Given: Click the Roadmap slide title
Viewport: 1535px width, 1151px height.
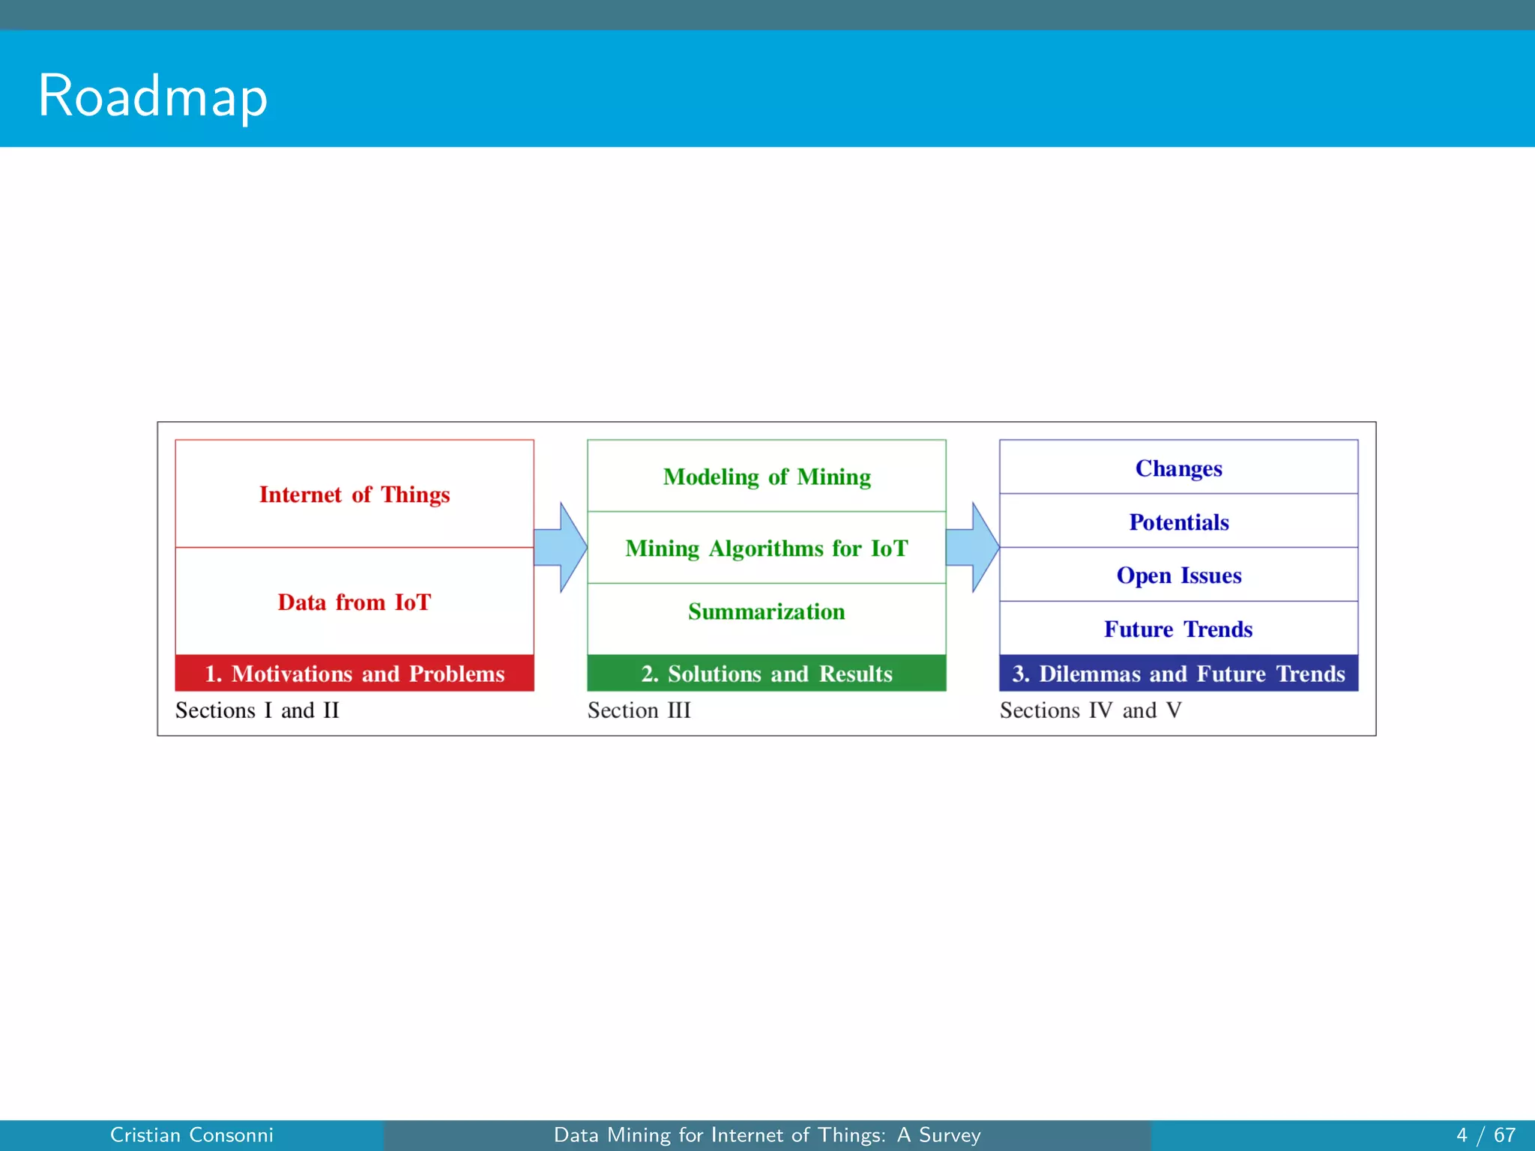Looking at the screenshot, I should point(153,97).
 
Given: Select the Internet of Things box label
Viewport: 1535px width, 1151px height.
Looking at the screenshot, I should point(355,495).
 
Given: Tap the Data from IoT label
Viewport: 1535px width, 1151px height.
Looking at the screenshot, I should point(355,602).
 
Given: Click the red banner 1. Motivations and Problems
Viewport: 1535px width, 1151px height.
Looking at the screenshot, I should point(355,674).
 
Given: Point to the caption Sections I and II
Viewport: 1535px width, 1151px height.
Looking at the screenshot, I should point(257,710).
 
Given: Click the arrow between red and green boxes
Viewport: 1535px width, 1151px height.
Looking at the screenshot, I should point(561,548).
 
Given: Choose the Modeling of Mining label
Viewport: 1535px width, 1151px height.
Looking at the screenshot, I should point(767,477).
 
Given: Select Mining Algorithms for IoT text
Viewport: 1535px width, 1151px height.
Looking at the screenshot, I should point(767,549).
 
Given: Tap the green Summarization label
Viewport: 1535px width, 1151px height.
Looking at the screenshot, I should point(767,612).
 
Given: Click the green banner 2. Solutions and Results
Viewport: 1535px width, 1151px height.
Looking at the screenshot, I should point(767,674).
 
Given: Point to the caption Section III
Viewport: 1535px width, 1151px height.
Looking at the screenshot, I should point(639,710).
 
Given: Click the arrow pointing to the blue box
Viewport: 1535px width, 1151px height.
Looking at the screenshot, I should point(973,548).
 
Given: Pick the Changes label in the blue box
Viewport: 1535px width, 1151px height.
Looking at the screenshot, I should point(1179,468).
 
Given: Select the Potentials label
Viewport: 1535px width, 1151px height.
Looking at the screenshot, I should point(1179,522).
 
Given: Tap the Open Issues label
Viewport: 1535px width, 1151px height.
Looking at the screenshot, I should point(1179,575).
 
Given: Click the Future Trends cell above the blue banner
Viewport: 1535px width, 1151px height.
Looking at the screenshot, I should point(1179,629).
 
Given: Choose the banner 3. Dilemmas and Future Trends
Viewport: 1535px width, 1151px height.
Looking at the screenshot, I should point(1179,674).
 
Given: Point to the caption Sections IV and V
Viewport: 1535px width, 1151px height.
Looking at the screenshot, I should point(1091,710).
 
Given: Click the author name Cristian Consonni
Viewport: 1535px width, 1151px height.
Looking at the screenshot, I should point(192,1135).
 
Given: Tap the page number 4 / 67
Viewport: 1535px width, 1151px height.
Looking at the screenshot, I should point(1486,1135).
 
